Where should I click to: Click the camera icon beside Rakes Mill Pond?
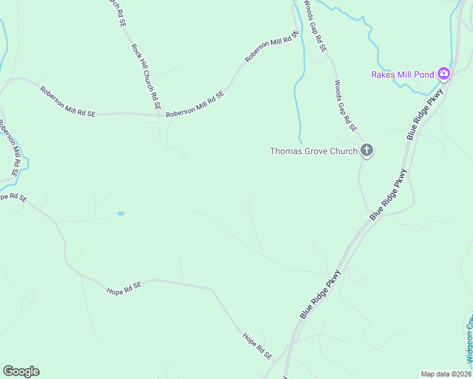point(444,74)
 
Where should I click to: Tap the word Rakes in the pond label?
point(383,75)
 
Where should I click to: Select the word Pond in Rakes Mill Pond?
point(425,75)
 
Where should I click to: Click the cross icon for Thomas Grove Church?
point(366,150)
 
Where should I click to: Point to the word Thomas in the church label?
point(285,151)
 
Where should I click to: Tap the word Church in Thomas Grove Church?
point(344,151)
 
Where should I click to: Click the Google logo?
point(21,371)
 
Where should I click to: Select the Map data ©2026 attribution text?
point(445,373)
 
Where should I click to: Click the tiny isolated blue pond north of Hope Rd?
point(120,214)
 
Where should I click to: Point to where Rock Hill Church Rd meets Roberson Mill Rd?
point(159,115)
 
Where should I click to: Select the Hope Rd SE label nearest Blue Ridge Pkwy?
point(257,347)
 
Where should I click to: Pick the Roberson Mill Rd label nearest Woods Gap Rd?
point(271,47)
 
